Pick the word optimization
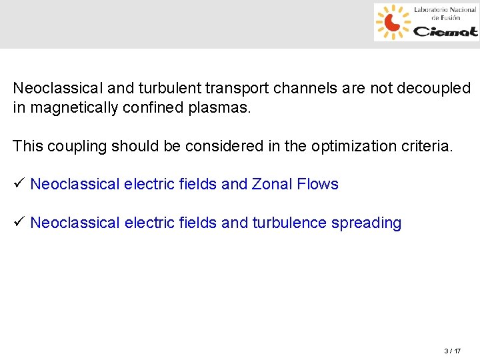(347, 146)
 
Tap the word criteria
(426, 146)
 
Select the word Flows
(318, 184)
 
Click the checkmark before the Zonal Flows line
(19, 183)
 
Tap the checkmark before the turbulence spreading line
(19, 222)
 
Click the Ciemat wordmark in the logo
(445, 31)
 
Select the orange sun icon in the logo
(393, 22)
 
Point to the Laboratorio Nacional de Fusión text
(445, 13)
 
